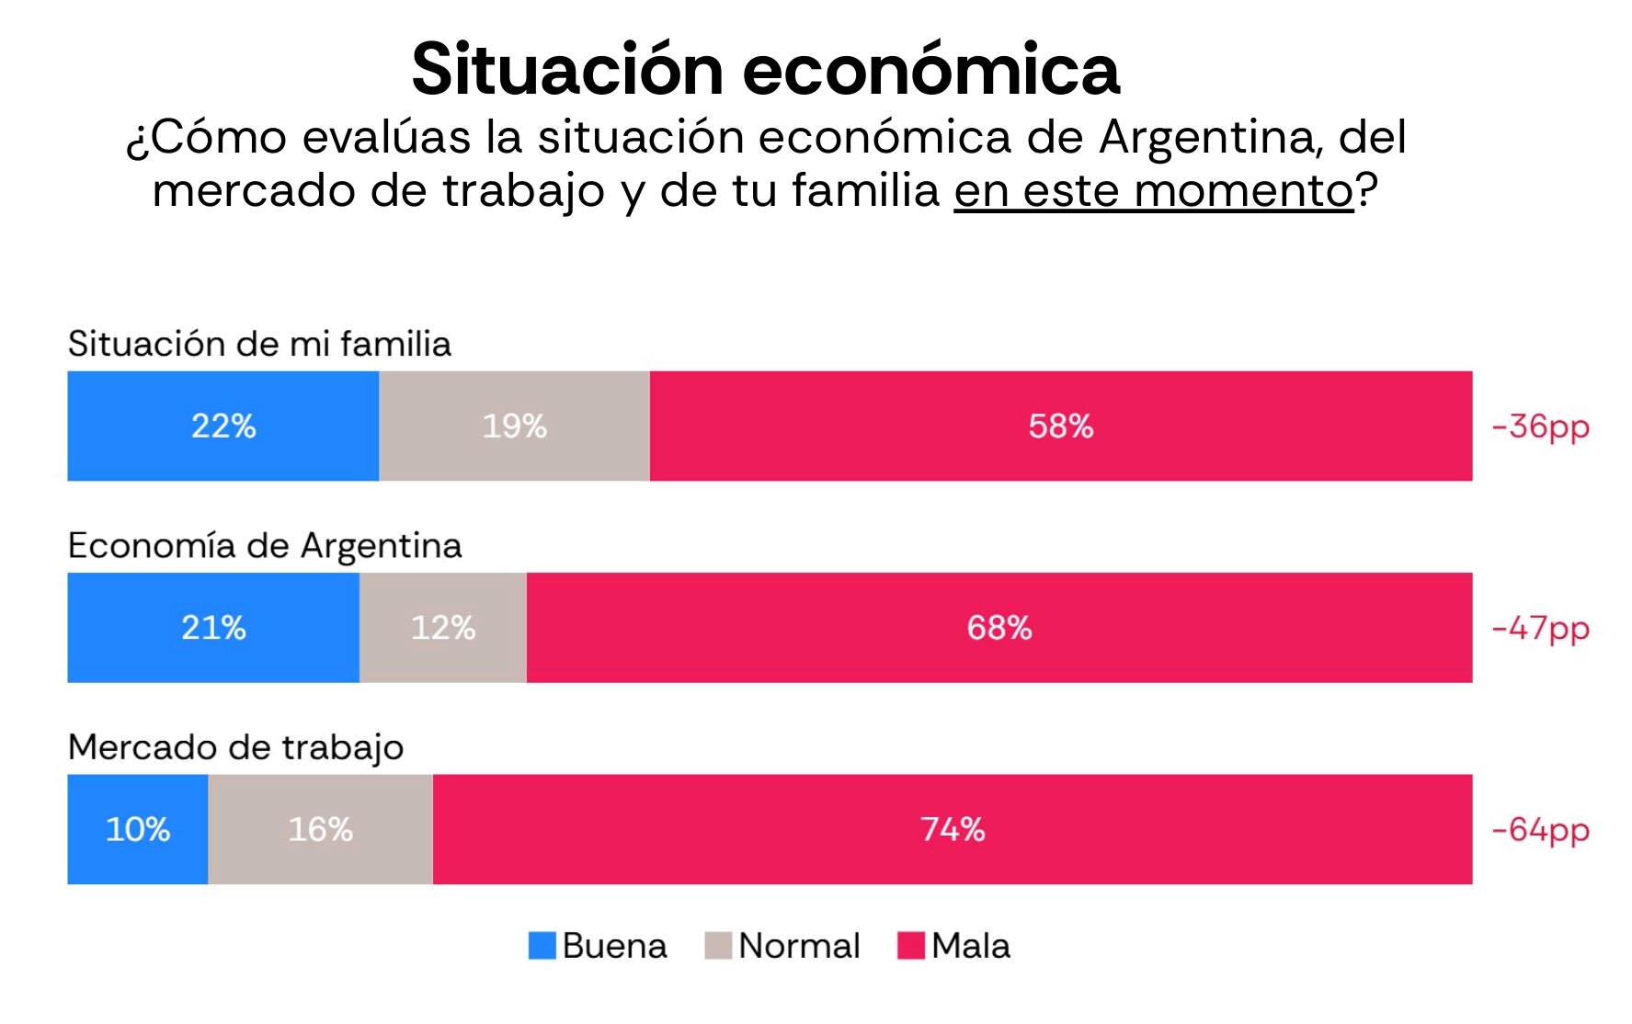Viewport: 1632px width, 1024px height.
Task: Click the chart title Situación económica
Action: coord(765,70)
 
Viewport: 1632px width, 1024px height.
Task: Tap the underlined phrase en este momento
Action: coord(1153,191)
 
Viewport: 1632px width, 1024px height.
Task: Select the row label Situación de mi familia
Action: coord(259,344)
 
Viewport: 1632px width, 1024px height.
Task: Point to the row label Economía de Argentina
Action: coord(265,546)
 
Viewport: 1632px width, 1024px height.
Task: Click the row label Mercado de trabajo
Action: coord(235,747)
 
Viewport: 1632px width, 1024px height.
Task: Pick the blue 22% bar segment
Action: coord(223,426)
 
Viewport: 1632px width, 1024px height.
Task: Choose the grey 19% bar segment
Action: coord(514,426)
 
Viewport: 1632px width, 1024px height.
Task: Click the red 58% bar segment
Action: coord(1060,426)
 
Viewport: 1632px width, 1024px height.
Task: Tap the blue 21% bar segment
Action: coord(213,628)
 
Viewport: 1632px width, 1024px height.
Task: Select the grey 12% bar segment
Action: coord(443,628)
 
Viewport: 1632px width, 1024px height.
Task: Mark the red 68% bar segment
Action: coord(999,628)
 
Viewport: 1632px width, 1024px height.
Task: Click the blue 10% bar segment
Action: coord(138,829)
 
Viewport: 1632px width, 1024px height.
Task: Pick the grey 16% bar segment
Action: coord(320,829)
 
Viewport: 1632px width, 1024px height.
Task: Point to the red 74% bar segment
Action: coord(953,829)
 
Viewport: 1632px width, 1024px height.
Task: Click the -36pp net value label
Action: coord(1540,427)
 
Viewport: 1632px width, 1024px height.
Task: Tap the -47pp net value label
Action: coord(1540,629)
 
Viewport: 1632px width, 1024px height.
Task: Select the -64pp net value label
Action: coord(1540,830)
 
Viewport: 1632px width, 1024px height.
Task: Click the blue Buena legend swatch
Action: coord(542,946)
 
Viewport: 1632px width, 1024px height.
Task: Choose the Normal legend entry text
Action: coord(799,946)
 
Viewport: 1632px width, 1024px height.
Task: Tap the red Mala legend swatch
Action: coord(910,946)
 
